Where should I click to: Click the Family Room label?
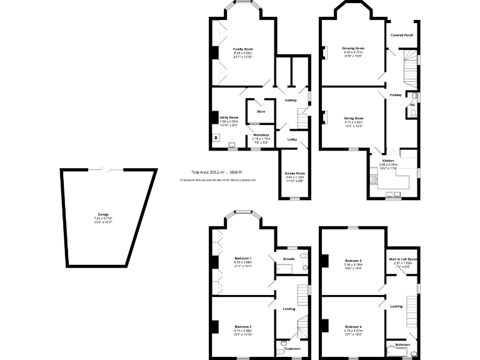pyautogui.click(x=243, y=49)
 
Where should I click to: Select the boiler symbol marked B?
pyautogui.click(x=216, y=137)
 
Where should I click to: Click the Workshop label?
pyautogui.click(x=260, y=134)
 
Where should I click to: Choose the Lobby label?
pyautogui.click(x=292, y=139)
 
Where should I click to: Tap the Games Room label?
pyautogui.click(x=294, y=173)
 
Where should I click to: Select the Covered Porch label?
pyautogui.click(x=402, y=36)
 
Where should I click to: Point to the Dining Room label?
pyautogui.click(x=353, y=117)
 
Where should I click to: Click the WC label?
pyautogui.click(x=412, y=104)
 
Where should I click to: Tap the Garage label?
pyautogui.click(x=102, y=214)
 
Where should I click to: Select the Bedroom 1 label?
pyautogui.click(x=243, y=258)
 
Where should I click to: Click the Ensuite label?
pyautogui.click(x=289, y=258)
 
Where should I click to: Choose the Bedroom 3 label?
pyautogui.click(x=353, y=260)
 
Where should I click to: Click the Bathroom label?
pyautogui.click(x=402, y=344)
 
